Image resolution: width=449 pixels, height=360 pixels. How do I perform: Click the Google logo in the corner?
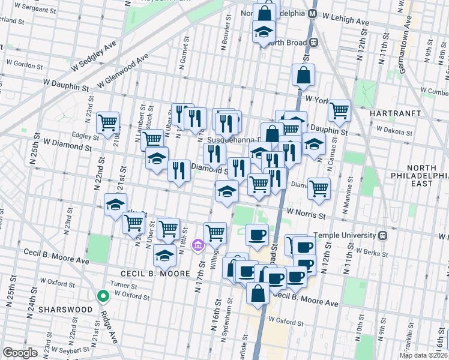coord(20,353)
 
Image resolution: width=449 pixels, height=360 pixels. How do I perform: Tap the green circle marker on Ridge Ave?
coord(103,295)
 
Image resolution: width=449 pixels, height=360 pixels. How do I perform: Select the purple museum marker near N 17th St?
coord(197,245)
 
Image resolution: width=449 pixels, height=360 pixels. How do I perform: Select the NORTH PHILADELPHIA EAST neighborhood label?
coord(423,175)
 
